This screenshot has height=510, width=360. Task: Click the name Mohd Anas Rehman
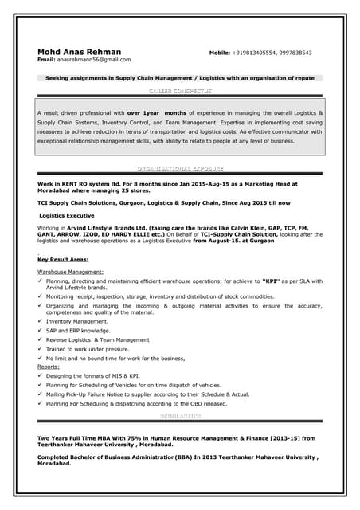click(x=79, y=52)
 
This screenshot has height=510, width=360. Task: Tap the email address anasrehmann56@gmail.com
click(x=94, y=60)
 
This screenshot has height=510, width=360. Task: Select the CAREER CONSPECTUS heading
click(x=180, y=92)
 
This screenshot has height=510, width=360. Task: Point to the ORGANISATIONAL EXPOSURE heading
click(x=180, y=168)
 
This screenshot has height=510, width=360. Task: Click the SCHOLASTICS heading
click(x=180, y=416)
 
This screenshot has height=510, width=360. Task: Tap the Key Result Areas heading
click(x=63, y=260)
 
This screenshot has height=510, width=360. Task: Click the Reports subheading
click(x=49, y=367)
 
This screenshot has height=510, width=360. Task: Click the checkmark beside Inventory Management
click(x=41, y=321)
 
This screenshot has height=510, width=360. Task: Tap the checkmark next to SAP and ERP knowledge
click(x=41, y=330)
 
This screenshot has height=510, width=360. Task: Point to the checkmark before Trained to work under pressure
click(x=41, y=349)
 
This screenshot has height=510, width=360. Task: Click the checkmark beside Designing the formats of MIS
click(x=41, y=375)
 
